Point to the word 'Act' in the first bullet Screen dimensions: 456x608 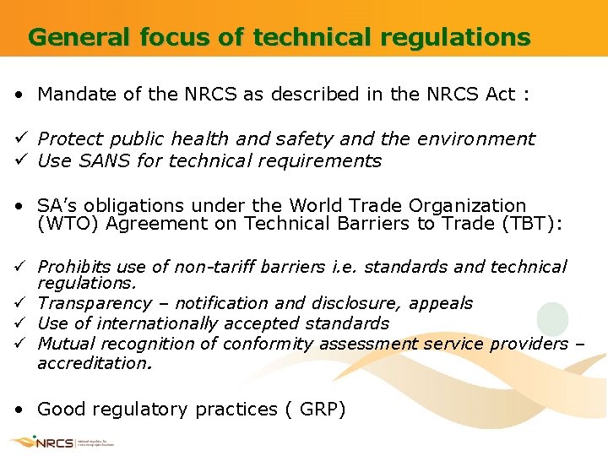click(501, 94)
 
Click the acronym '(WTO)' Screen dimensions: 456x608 click(65, 224)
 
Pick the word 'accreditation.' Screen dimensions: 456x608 click(95, 362)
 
